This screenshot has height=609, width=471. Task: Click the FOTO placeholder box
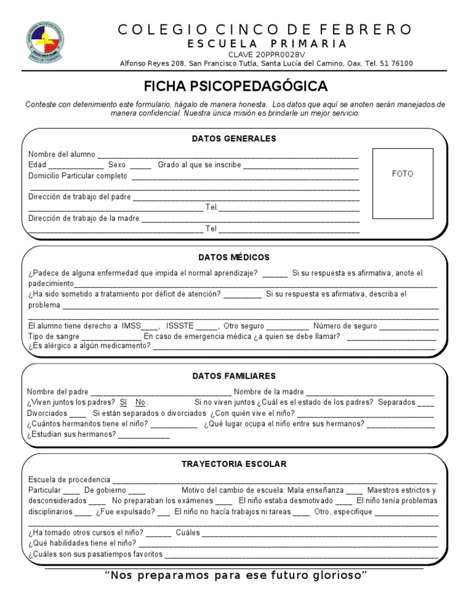click(x=402, y=183)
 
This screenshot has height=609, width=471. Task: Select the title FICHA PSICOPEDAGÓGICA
click(x=235, y=86)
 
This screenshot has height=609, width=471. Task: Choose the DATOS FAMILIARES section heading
click(x=234, y=376)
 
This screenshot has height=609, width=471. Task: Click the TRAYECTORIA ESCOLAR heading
click(x=234, y=464)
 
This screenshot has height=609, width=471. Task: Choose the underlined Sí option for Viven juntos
click(x=123, y=403)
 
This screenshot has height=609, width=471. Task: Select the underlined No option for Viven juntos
click(x=140, y=403)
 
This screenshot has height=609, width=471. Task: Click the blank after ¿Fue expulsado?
click(x=164, y=513)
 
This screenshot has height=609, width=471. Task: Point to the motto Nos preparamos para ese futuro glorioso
click(x=235, y=575)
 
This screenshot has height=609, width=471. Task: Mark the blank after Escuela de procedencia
click(x=275, y=480)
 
